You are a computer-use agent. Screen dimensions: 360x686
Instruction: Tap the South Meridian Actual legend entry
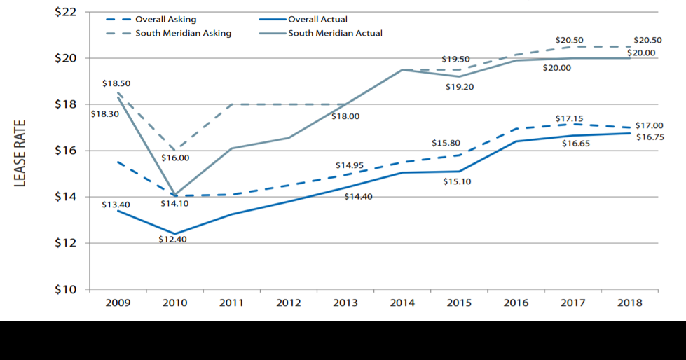pyautogui.click(x=335, y=33)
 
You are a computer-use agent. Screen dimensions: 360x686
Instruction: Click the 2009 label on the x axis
pyautogui.click(x=117, y=303)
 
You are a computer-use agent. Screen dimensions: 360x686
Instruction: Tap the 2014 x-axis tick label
pyautogui.click(x=402, y=303)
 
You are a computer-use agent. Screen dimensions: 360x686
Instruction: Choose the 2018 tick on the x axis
pyautogui.click(x=630, y=303)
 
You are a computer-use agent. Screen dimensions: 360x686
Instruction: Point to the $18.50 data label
pyautogui.click(x=116, y=83)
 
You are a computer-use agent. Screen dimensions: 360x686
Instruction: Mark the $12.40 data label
pyautogui.click(x=172, y=239)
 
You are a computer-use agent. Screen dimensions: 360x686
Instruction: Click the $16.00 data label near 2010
pyautogui.click(x=175, y=158)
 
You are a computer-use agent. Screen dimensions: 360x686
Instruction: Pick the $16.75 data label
pyautogui.click(x=650, y=137)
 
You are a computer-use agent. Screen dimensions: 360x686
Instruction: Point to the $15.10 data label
pyautogui.click(x=457, y=182)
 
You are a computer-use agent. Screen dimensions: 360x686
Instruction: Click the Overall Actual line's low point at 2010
pyautogui.click(x=174, y=234)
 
